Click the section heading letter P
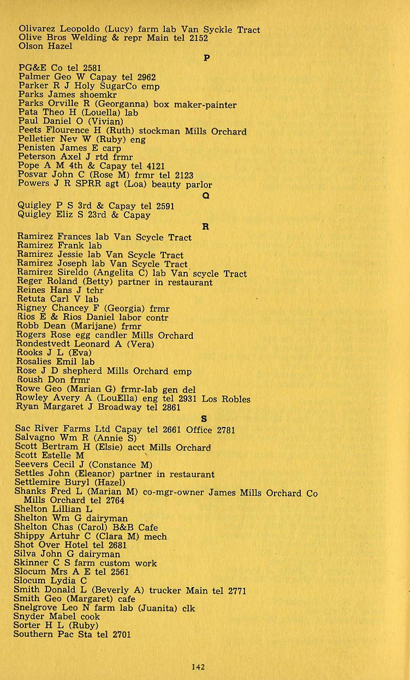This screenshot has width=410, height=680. click(x=206, y=58)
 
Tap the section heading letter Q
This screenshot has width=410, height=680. click(x=206, y=196)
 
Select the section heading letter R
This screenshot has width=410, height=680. click(x=206, y=227)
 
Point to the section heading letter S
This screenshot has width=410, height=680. click(x=204, y=419)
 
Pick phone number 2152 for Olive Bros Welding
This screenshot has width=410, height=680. click(x=199, y=38)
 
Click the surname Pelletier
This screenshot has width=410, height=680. click(x=38, y=139)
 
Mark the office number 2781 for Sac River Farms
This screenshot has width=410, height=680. click(x=226, y=430)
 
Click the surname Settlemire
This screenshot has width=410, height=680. click(x=41, y=483)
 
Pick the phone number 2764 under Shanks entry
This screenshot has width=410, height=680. click(x=116, y=501)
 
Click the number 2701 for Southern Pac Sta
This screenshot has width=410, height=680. click(x=122, y=634)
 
